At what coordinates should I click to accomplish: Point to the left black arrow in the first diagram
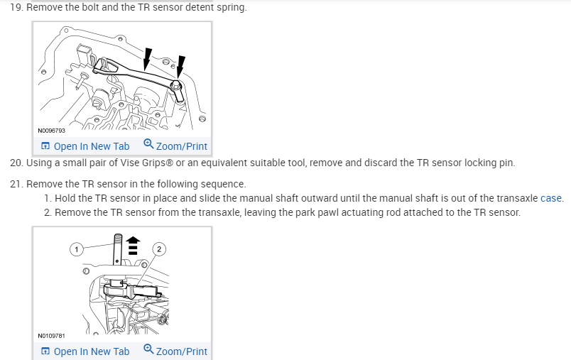(147, 57)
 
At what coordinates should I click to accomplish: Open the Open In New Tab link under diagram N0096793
(85, 146)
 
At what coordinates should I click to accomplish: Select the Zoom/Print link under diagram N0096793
(175, 146)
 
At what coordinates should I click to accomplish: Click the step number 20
(16, 163)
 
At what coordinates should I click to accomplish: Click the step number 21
(16, 184)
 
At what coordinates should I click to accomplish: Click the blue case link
(551, 198)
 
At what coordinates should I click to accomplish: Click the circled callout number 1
(77, 249)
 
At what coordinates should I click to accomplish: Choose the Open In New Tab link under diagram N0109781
(85, 351)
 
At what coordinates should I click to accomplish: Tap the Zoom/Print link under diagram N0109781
(175, 351)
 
